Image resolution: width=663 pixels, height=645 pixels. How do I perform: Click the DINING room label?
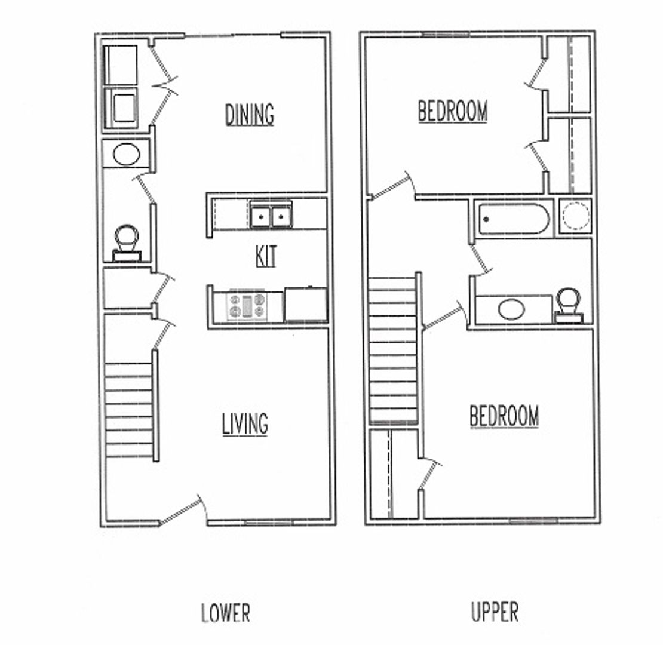[250, 115]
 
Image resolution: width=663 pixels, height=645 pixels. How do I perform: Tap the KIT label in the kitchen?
[266, 256]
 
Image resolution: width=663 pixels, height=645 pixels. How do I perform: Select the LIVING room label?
[245, 424]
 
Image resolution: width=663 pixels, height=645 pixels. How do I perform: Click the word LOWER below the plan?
[225, 613]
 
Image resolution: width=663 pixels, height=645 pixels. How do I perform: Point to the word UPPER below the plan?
[495, 612]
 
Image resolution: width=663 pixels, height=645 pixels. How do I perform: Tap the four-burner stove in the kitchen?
[247, 306]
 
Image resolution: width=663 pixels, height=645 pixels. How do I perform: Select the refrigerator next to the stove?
[306, 305]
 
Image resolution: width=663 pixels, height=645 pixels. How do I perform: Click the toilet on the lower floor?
[127, 243]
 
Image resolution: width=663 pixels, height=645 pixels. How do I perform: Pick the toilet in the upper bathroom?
[569, 305]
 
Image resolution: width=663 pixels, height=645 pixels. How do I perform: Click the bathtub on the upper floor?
[514, 219]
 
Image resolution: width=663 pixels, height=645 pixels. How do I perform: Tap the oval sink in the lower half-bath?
[127, 155]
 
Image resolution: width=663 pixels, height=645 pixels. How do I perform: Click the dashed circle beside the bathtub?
[575, 216]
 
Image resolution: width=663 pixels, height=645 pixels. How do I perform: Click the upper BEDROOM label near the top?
[452, 110]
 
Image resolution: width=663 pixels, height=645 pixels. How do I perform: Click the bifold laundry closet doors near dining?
[163, 85]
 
